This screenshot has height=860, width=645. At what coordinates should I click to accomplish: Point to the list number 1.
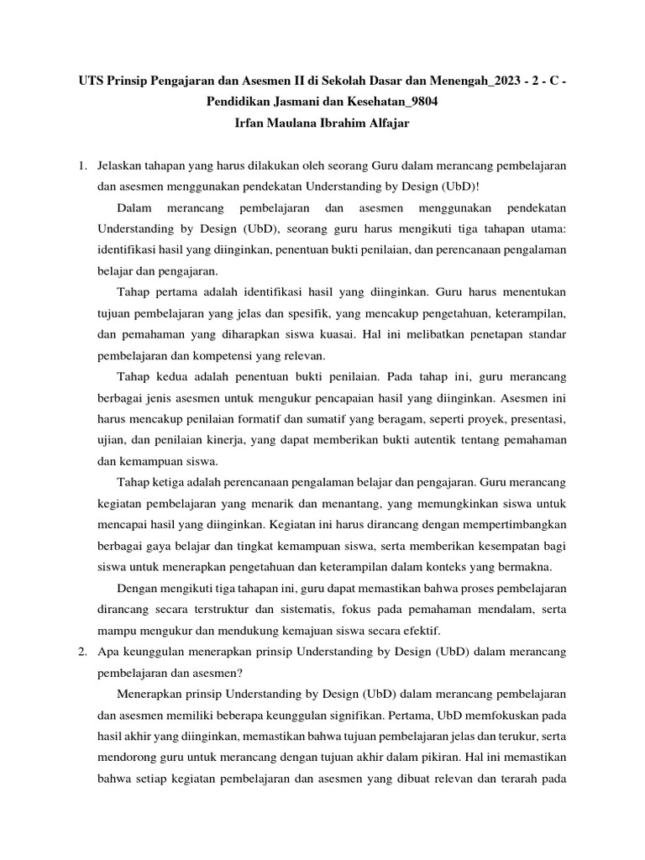coord(82,166)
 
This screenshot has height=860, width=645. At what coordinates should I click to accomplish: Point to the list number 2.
coord(82,652)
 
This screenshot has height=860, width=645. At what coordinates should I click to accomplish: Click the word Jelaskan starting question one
coord(123,166)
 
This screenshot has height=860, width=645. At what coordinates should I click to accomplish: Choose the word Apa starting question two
coord(108,652)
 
